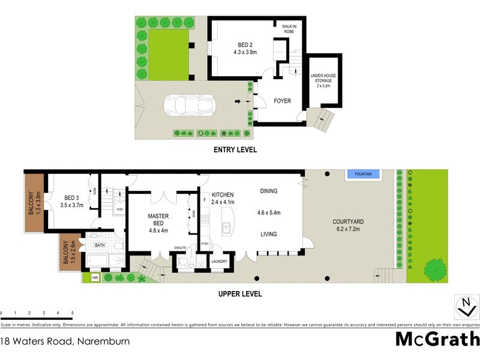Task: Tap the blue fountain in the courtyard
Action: (364, 174)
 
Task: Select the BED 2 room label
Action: (245, 48)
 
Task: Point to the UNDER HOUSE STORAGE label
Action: (323, 81)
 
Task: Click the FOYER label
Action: (282, 101)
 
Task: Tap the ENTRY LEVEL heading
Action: (236, 149)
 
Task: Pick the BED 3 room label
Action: (71, 200)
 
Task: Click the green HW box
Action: (95, 277)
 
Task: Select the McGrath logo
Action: (437, 339)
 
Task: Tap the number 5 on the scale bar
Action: (73, 313)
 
